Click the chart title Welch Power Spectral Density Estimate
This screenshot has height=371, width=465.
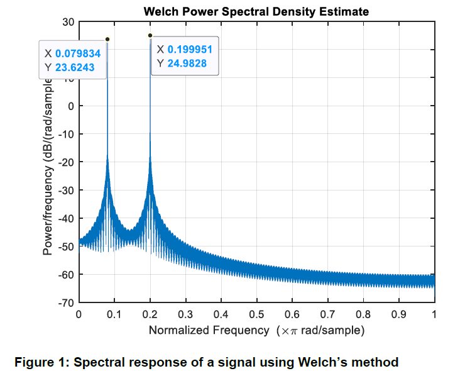pyautogui.click(x=256, y=11)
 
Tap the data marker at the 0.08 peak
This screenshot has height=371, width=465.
pyautogui.click(x=107, y=39)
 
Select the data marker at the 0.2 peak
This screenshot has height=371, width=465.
pyautogui.click(x=150, y=35)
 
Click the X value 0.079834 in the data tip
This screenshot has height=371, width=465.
pyautogui.click(x=78, y=53)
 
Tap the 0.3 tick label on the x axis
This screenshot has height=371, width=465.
pyautogui.click(x=185, y=313)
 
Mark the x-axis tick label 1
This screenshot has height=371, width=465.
pyautogui.click(x=434, y=313)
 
